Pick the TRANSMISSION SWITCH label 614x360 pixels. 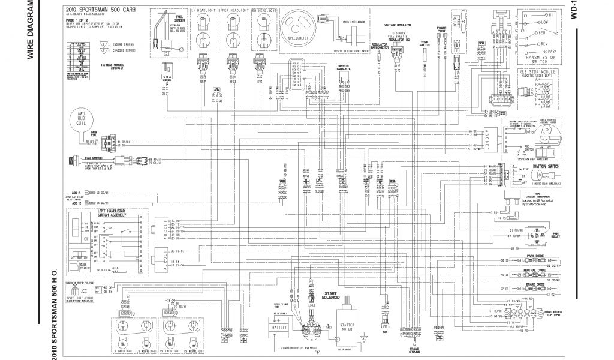click(x=537, y=56)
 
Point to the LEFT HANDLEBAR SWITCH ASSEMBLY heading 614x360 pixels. click(x=113, y=213)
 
